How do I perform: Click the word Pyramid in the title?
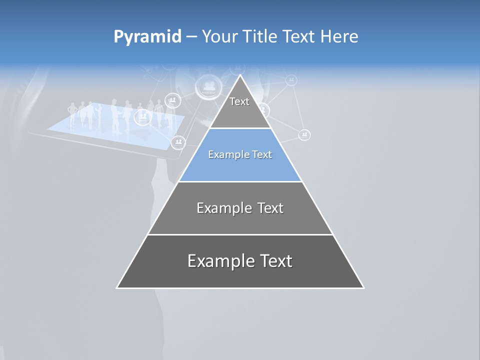[x=147, y=37]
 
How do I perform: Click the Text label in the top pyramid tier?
[x=239, y=101]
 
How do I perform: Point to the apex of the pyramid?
[x=240, y=76]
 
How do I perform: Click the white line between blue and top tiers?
[x=240, y=128]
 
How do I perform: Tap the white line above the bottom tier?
[x=240, y=234]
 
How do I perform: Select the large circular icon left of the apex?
[x=209, y=86]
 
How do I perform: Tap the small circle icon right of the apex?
[x=291, y=80]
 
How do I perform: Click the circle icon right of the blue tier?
[x=304, y=135]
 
